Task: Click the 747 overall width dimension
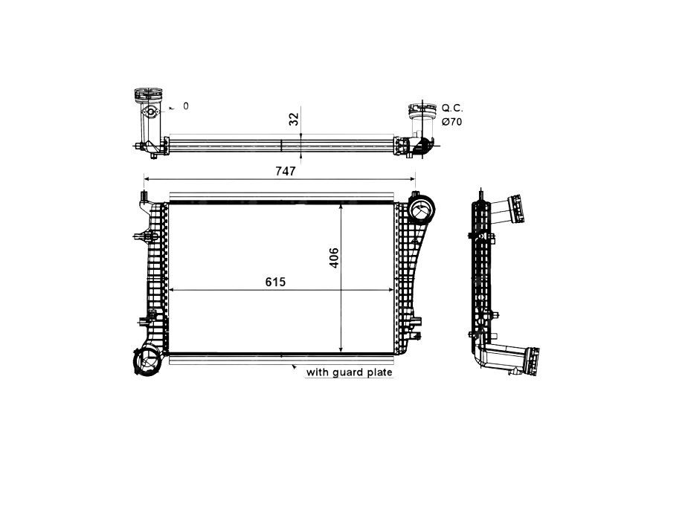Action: pyautogui.click(x=287, y=171)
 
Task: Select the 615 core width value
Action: pyautogui.click(x=274, y=282)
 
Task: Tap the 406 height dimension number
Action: pyautogui.click(x=334, y=257)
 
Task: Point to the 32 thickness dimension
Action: pyautogui.click(x=294, y=118)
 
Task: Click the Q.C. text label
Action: pyautogui.click(x=452, y=108)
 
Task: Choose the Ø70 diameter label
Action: pyautogui.click(x=451, y=121)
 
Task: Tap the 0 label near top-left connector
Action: pyautogui.click(x=186, y=106)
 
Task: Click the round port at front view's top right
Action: pyautogui.click(x=421, y=210)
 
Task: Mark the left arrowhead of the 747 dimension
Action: pyautogui.click(x=147, y=179)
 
